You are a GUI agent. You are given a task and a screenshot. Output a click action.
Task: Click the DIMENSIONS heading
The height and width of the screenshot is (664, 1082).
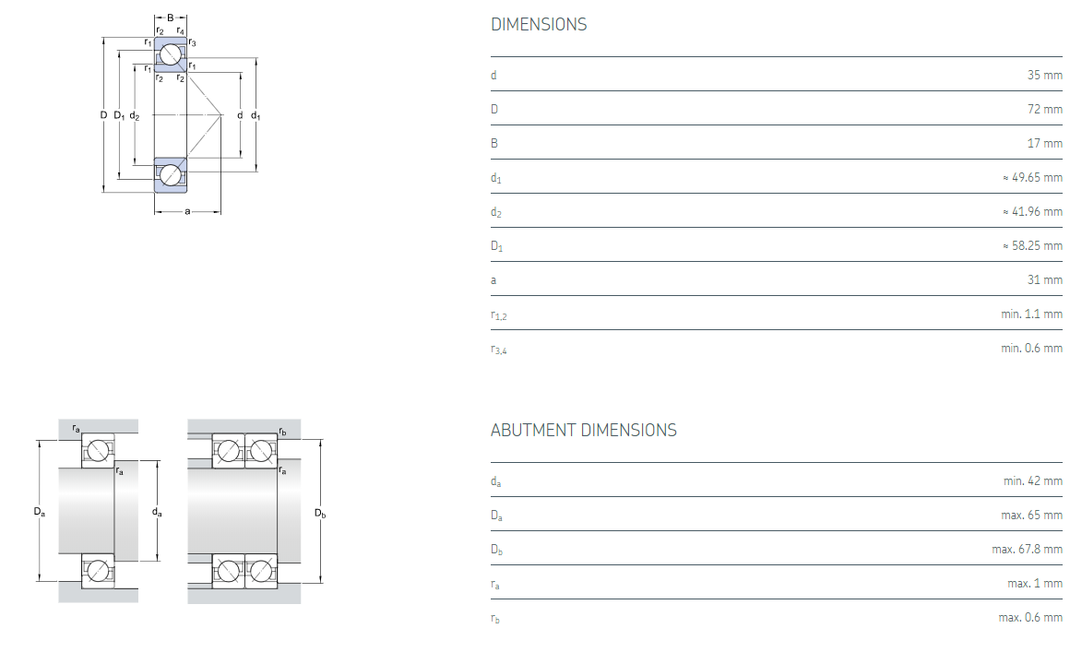click(x=539, y=25)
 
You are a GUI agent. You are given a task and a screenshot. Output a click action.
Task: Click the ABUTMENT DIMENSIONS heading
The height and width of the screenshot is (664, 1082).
click(x=583, y=431)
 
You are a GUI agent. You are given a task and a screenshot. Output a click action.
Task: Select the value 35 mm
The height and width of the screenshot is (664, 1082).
click(x=1044, y=75)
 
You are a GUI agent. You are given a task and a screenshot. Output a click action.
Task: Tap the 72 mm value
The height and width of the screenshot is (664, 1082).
click(x=1044, y=109)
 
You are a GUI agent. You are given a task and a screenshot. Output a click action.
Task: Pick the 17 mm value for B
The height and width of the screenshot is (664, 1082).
click(x=1044, y=143)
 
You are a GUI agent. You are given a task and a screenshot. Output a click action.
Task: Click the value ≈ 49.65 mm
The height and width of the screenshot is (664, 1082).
click(x=1032, y=177)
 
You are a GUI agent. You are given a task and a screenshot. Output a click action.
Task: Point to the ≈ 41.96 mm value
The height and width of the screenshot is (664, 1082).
click(x=1032, y=211)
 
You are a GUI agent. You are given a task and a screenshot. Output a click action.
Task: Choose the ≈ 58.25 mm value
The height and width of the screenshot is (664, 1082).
click(x=1032, y=245)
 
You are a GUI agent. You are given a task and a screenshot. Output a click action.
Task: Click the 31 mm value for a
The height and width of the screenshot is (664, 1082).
click(x=1044, y=279)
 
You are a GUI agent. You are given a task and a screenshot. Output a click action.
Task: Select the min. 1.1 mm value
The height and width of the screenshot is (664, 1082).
click(x=1031, y=314)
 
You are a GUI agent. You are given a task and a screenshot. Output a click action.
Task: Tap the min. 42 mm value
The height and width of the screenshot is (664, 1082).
click(x=1032, y=480)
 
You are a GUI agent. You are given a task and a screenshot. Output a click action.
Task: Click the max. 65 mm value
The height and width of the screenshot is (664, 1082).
click(x=1031, y=515)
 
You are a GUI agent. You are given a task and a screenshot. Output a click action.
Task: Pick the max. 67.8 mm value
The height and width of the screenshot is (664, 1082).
click(x=1027, y=549)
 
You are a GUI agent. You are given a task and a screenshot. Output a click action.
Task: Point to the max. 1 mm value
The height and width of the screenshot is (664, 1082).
click(x=1035, y=583)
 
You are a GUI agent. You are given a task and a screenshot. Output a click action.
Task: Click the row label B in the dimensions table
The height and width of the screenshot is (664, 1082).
click(x=494, y=143)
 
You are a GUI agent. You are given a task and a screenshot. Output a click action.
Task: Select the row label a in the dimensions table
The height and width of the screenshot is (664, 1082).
click(x=493, y=279)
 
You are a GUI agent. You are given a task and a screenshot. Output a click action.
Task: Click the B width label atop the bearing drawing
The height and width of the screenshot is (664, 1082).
click(x=170, y=18)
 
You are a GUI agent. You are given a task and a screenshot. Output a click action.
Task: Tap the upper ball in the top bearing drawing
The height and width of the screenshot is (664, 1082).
click(x=170, y=54)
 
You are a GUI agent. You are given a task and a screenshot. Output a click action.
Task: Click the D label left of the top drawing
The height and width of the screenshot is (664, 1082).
click(x=103, y=115)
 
